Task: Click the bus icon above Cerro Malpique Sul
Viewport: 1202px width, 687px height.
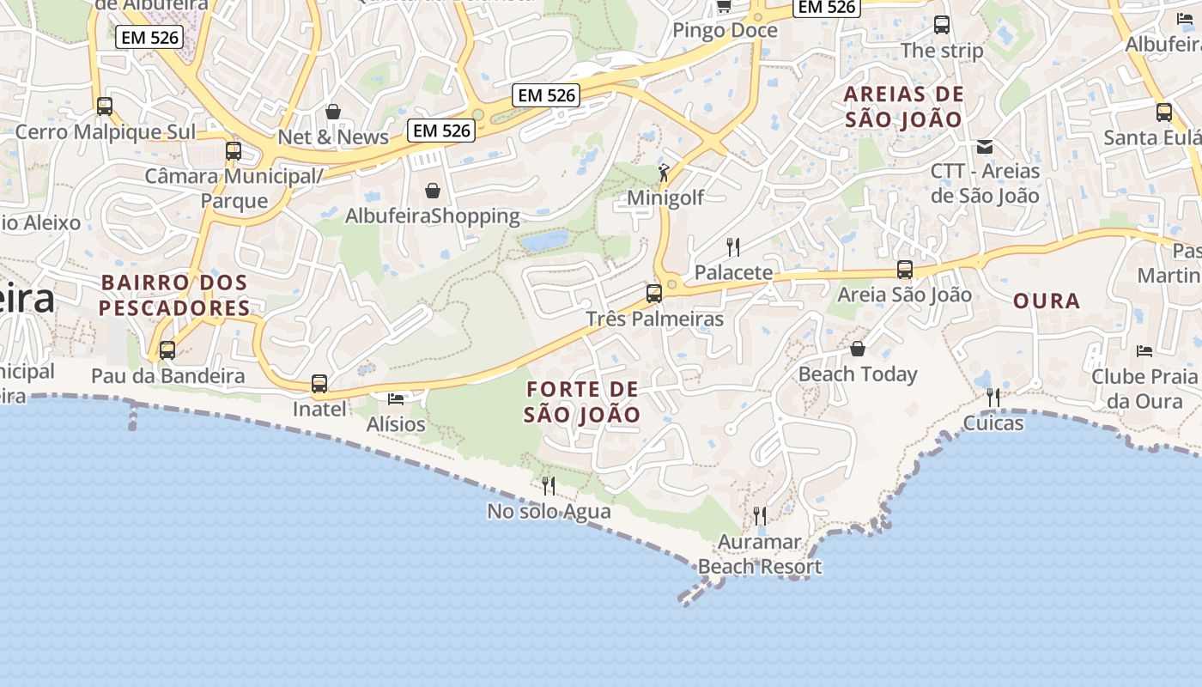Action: (105, 106)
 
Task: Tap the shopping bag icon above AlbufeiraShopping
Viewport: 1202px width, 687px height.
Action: (433, 190)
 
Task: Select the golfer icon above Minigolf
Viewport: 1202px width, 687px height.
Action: (664, 173)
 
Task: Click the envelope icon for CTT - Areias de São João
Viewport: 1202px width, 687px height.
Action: (985, 147)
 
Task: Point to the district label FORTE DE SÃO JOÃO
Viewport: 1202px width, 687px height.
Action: (582, 402)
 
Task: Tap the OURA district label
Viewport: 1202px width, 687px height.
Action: (1047, 301)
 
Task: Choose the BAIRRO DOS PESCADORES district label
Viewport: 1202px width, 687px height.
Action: (174, 295)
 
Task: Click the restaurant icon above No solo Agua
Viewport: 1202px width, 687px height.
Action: (549, 486)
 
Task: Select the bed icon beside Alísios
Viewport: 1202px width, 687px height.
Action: (396, 398)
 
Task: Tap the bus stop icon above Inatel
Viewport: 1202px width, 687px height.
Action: (319, 384)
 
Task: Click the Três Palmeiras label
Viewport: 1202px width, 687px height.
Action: (654, 319)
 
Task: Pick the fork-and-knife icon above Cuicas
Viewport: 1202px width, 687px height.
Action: (993, 397)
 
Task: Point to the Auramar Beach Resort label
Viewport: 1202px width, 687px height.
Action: (760, 554)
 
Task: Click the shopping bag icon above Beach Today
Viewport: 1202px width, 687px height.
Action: (857, 349)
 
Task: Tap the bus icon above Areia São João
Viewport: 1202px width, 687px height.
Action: (905, 270)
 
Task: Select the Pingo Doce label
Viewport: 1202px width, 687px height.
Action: (725, 31)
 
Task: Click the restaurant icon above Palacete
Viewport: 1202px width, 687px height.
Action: (733, 247)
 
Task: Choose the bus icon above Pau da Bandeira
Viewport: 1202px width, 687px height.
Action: (167, 350)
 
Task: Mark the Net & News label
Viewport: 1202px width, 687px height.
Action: (333, 137)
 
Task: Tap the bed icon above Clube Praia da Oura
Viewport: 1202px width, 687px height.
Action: (1144, 350)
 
